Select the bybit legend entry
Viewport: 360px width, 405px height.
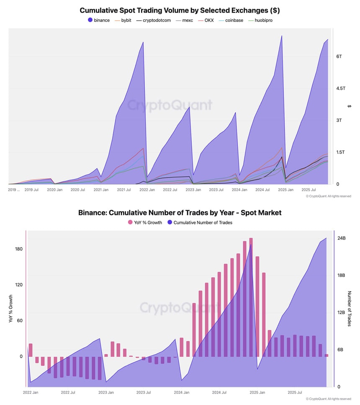tap(126, 20)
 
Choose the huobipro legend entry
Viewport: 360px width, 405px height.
tap(264, 20)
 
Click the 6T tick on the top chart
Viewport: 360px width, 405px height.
tap(339, 57)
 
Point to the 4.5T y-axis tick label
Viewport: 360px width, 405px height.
tap(342, 88)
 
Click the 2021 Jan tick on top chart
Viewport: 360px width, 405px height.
tap(100, 190)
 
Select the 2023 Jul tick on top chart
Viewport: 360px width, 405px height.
tap(216, 190)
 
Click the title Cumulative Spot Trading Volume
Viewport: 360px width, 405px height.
tap(180, 10)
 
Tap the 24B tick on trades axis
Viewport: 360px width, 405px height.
tap(342, 238)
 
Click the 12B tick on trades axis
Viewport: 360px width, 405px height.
tap(342, 312)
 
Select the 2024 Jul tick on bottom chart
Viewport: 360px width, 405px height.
tap(219, 392)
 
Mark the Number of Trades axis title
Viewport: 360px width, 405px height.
tap(350, 309)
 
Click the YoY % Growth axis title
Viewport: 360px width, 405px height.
tap(11, 309)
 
